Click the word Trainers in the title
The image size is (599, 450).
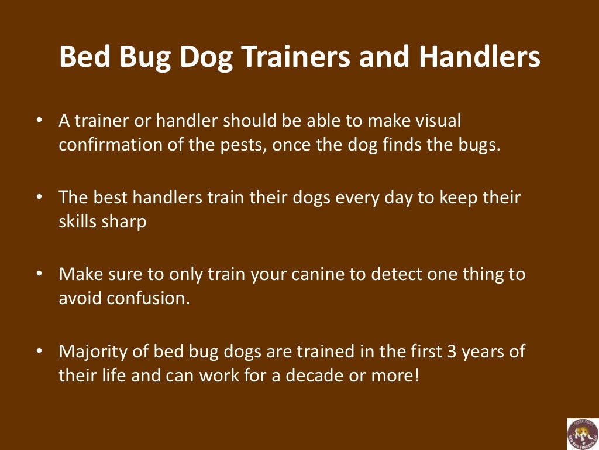[x=302, y=57]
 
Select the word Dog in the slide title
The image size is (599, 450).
[x=209, y=57]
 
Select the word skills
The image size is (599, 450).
[x=77, y=222]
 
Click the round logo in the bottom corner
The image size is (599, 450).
[x=582, y=434]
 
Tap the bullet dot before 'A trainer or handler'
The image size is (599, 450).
[x=39, y=121]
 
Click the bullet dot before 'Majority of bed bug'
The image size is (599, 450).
[x=39, y=352]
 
